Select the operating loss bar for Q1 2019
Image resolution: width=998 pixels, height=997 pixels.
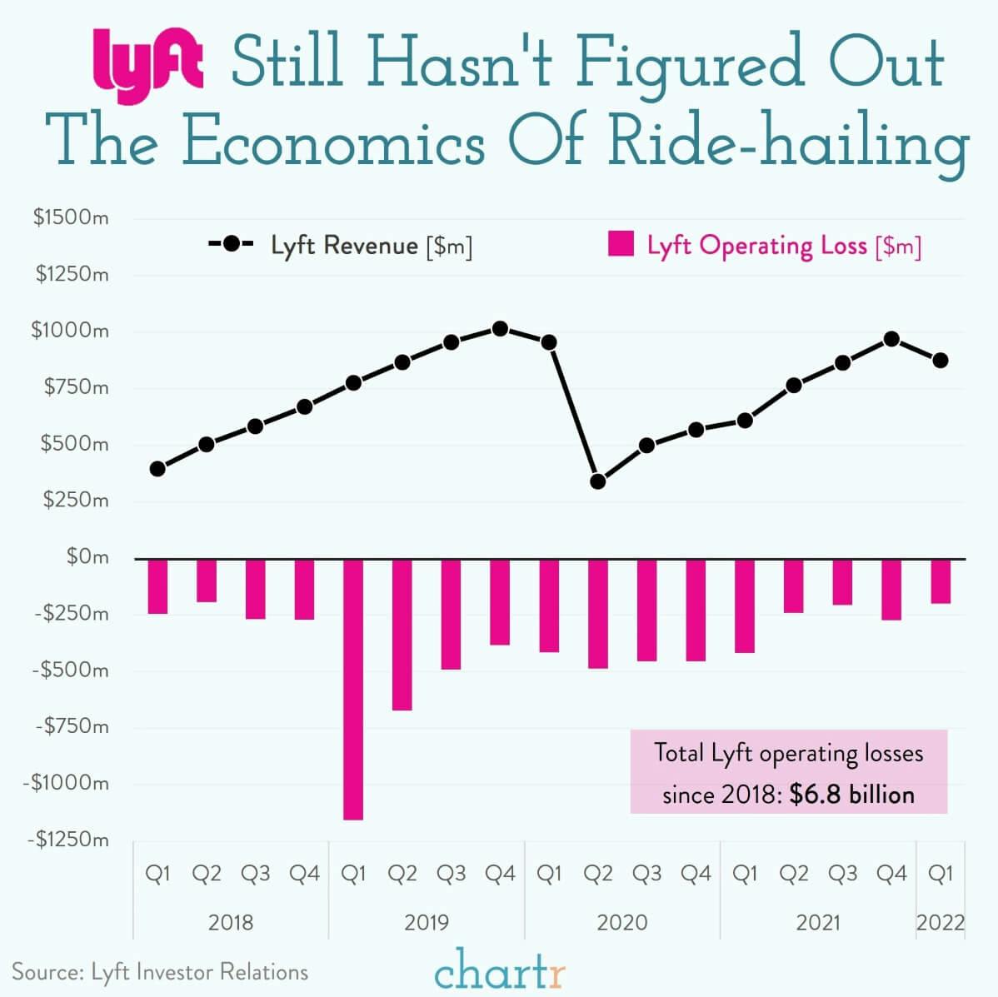coord(353,689)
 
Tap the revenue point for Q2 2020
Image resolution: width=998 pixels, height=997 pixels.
coord(597,481)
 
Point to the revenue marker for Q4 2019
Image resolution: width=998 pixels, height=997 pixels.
coord(500,329)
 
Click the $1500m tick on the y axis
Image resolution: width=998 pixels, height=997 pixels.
coord(71,218)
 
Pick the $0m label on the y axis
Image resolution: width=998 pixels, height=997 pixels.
coord(87,556)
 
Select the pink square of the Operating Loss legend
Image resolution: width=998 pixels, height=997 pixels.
coord(621,245)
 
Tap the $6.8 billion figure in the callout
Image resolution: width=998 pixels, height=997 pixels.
coord(851,795)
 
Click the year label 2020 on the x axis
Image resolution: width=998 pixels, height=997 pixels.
coord(622,923)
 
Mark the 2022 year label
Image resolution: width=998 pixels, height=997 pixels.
coord(941,923)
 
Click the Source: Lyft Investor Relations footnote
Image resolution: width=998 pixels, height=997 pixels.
coord(160,972)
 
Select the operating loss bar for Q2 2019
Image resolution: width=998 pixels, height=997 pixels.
coord(402,635)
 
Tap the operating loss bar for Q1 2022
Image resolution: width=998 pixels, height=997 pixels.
coord(941,581)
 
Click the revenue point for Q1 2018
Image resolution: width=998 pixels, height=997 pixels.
coord(157,469)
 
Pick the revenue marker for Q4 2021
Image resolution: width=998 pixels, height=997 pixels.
coord(891,339)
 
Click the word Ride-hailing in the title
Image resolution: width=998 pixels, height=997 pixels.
coord(788,141)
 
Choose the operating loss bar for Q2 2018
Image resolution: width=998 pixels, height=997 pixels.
coord(207,581)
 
